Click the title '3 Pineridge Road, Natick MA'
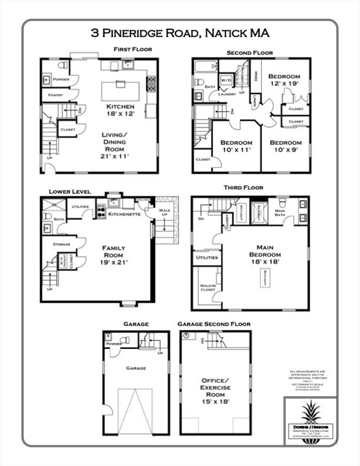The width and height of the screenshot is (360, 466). coord(180,33)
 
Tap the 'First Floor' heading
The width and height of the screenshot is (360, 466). coord(132,49)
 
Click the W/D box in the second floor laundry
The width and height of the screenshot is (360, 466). coord(226,80)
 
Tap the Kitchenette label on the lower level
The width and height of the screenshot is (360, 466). coord(124,214)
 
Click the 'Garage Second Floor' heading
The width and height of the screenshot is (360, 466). coord(214,324)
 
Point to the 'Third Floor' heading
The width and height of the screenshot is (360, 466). coord(243,188)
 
